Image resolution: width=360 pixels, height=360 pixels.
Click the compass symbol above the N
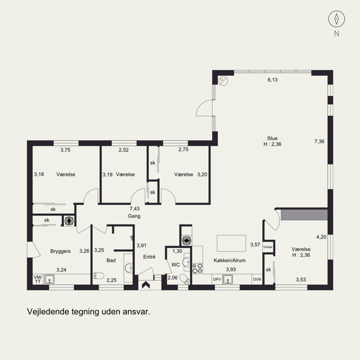[337, 19]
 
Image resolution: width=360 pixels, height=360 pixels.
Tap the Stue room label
[272, 138]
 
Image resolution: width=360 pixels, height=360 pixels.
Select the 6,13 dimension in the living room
[273, 80]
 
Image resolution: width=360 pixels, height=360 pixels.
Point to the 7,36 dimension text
[319, 141]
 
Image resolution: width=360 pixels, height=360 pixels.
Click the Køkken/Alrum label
[229, 261]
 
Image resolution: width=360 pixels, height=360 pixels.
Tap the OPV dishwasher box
[217, 279]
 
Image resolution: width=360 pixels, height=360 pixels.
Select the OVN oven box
[257, 279]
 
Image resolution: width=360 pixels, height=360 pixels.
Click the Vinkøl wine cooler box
[268, 247]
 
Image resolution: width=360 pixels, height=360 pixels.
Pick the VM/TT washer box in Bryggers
[38, 279]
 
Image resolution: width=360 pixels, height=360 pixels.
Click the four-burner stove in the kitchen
[198, 268]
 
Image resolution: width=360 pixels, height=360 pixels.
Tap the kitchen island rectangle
[231, 243]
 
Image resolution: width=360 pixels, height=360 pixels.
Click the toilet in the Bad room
[98, 275]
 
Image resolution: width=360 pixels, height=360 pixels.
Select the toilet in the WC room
[184, 279]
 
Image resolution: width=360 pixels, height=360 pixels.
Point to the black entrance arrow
[146, 285]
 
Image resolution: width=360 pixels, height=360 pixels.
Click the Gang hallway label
[134, 216]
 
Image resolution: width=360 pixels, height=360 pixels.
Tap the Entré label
[149, 256]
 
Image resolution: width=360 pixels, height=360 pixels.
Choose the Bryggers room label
[60, 251]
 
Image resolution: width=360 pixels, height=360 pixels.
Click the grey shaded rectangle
[304, 215]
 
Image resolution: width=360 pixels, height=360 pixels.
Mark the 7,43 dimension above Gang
[135, 209]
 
